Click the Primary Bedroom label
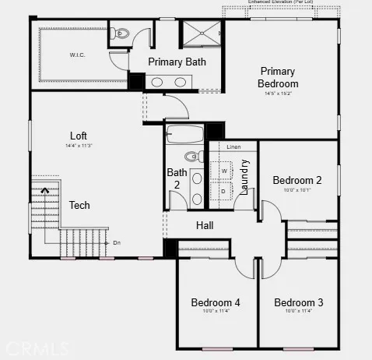click(x=278, y=77)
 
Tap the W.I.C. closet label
click(x=77, y=55)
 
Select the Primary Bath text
click(x=177, y=62)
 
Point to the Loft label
click(x=79, y=136)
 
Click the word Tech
click(x=79, y=206)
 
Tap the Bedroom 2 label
click(x=297, y=180)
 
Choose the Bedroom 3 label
click(x=298, y=302)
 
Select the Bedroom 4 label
click(x=216, y=302)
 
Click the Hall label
click(x=205, y=225)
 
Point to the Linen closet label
click(x=234, y=146)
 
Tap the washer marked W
click(x=224, y=170)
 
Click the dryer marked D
click(x=224, y=190)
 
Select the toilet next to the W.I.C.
click(x=120, y=34)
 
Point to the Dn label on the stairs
click(x=117, y=242)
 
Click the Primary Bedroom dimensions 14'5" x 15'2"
click(x=278, y=94)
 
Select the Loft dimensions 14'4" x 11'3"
click(x=79, y=146)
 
